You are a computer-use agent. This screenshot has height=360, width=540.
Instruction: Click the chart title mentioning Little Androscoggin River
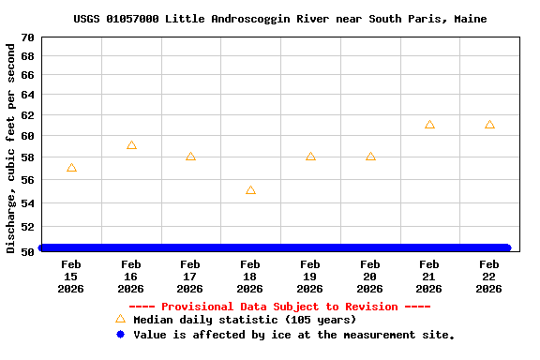coord(279,19)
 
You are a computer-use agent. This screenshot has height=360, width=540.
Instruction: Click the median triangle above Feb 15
coord(71,168)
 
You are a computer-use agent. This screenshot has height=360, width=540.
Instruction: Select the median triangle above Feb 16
coord(131,145)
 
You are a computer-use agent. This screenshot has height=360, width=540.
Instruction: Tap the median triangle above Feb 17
coord(190,157)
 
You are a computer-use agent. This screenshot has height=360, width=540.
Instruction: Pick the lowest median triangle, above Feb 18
coord(250,190)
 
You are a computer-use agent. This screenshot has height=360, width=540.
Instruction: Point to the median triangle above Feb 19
coord(310,157)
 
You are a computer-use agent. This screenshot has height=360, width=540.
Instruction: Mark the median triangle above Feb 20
coord(370,157)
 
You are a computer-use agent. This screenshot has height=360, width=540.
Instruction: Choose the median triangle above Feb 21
coord(429,125)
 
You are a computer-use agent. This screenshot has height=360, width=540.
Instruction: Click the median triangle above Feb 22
coord(489,125)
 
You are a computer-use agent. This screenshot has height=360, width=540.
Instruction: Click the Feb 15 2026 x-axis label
coord(71,277)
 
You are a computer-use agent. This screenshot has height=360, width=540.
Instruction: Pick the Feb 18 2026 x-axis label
coord(250,277)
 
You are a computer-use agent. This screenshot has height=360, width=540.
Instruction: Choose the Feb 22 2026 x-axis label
coord(489,277)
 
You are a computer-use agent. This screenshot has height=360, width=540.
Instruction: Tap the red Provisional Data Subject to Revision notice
coord(279,307)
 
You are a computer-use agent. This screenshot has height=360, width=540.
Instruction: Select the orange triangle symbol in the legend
coord(120,320)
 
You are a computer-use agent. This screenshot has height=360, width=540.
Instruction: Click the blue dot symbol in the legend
coord(120,335)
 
